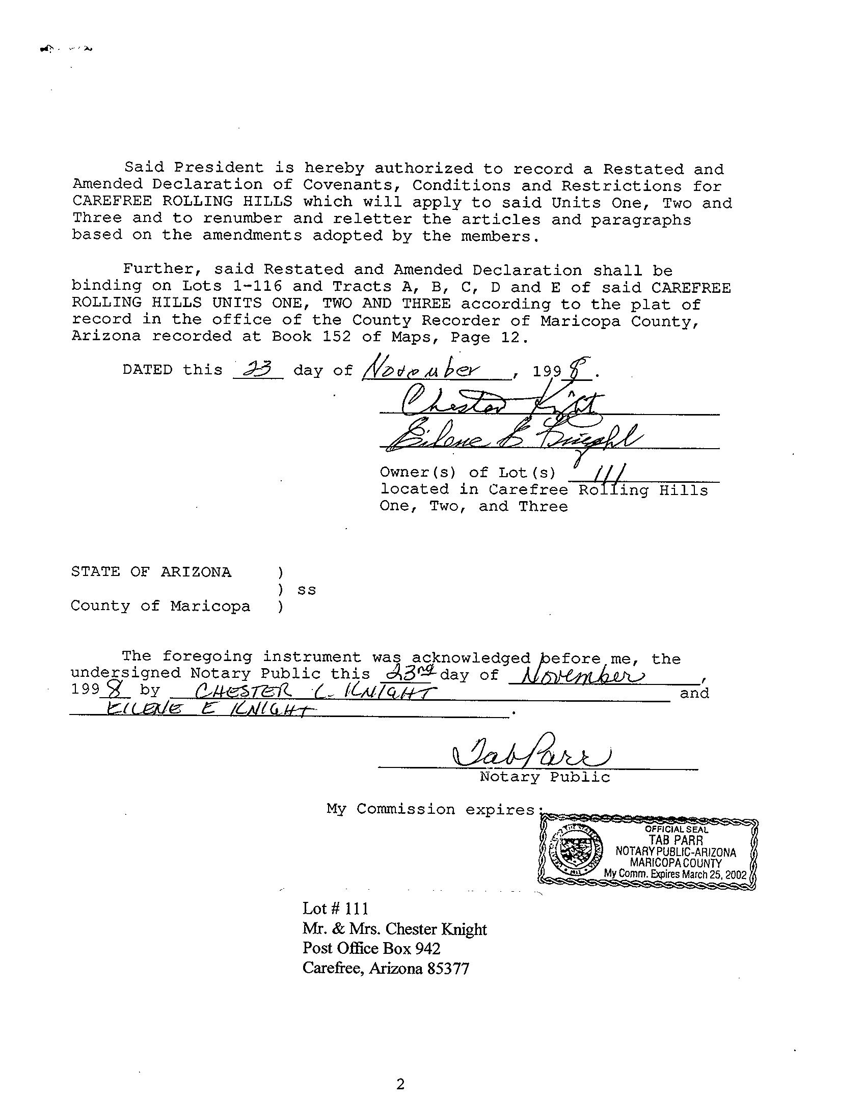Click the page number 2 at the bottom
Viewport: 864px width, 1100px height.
click(400, 1084)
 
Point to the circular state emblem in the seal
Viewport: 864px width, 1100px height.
click(578, 852)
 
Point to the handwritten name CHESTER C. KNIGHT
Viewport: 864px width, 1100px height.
click(316, 692)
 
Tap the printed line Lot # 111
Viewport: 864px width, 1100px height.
click(335, 909)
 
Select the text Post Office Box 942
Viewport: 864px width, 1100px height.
click(371, 948)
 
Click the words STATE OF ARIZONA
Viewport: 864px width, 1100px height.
click(151, 572)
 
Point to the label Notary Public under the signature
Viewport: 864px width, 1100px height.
click(545, 777)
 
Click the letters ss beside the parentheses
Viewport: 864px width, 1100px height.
click(307, 590)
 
